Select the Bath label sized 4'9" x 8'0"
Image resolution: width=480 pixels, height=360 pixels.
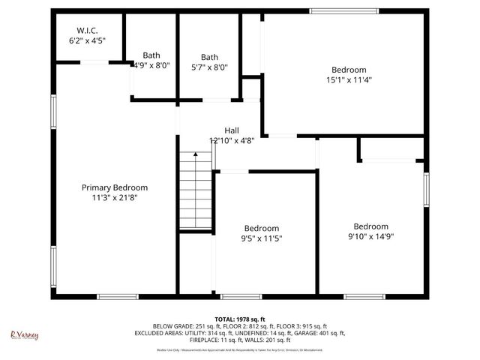(151, 55)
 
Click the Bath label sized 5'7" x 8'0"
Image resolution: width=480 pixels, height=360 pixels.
(209, 57)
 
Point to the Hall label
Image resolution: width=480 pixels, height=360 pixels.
(232, 130)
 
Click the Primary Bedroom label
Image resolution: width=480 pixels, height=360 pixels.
(115, 187)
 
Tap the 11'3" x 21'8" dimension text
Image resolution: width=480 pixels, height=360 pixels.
(115, 198)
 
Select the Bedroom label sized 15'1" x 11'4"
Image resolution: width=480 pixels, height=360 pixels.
(349, 69)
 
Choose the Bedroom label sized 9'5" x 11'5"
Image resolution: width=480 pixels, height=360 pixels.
(262, 229)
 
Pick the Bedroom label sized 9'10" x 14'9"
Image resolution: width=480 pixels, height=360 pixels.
(371, 226)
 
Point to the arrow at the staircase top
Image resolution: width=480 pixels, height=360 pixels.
(195, 155)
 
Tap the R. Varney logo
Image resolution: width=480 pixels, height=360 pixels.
(24, 335)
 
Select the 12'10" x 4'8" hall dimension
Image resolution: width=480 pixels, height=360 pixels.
(232, 140)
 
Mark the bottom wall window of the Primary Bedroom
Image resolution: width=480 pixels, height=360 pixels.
(118, 297)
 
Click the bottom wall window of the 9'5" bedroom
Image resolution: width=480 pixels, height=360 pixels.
(241, 297)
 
